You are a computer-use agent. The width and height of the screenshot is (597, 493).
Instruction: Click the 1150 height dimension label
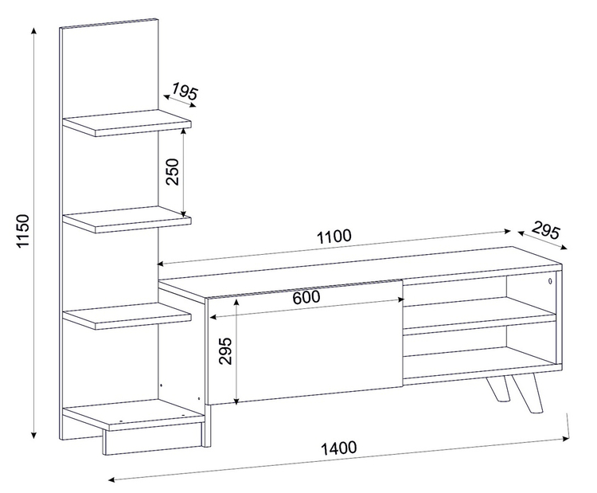coord(24,231)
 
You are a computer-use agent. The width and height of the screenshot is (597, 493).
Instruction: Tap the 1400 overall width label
coord(339,448)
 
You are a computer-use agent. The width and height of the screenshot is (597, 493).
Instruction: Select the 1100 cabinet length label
coord(334,237)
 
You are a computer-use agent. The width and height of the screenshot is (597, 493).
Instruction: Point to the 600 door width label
coord(306,297)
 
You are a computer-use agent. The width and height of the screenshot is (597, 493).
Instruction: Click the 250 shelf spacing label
coord(173,171)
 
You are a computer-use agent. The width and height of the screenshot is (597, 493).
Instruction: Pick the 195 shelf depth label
coord(185,92)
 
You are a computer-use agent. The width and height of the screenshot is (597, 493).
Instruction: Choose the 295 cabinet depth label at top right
coord(546,230)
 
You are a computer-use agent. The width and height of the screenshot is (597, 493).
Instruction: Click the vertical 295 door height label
coord(226,350)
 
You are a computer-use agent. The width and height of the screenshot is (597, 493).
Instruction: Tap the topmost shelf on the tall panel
coord(127,123)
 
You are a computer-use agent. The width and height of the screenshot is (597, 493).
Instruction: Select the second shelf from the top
coord(127,220)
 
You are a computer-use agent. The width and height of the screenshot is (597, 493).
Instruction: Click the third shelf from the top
coord(127,316)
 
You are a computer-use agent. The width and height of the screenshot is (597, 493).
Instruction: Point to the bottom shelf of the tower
coord(133,414)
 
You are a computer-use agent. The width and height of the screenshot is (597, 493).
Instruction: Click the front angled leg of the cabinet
coord(527,393)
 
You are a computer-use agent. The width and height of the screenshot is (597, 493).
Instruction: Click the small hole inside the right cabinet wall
coord(550,282)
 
